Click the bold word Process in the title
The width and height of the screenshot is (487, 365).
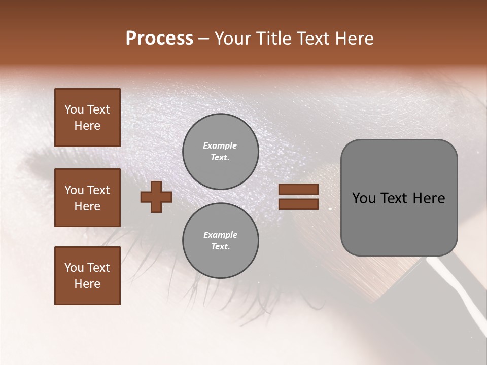(x=159, y=39)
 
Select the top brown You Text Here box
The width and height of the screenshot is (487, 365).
(x=87, y=118)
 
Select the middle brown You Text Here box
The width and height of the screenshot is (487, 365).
(x=87, y=198)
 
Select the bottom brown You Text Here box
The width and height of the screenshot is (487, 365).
(x=87, y=276)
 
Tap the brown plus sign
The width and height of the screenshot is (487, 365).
(x=156, y=197)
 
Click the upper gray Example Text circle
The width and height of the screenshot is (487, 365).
(x=220, y=151)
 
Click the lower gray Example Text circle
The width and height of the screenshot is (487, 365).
(x=220, y=240)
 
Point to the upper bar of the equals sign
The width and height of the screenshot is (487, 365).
(x=298, y=190)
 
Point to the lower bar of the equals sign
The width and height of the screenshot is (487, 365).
(x=298, y=204)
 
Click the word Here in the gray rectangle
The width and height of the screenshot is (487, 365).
(x=429, y=198)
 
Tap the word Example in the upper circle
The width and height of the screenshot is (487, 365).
(x=220, y=145)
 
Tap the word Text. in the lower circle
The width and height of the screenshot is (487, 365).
(x=220, y=246)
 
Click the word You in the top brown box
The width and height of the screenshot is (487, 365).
(x=74, y=109)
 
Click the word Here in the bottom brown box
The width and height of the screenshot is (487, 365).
(x=87, y=284)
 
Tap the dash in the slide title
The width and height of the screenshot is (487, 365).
(x=204, y=39)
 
